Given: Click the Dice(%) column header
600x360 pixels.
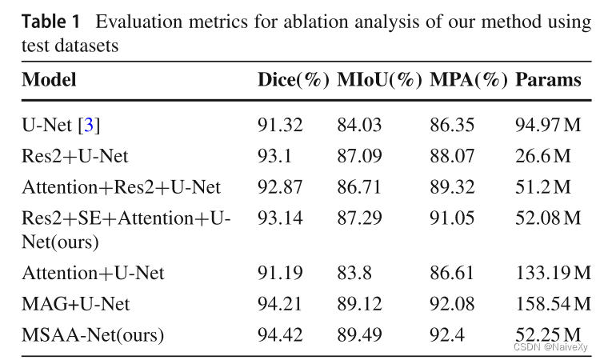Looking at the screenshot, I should coord(293,81).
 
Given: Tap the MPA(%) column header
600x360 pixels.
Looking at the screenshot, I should coord(469,81).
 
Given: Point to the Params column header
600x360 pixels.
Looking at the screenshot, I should coord(548,81).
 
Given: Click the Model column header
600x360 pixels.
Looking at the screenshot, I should coord(49,81).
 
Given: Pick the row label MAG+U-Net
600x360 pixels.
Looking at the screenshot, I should coord(75,304).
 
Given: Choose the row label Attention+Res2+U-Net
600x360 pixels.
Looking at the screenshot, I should coord(121,187).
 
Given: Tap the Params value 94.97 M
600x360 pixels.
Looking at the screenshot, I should coord(548,126).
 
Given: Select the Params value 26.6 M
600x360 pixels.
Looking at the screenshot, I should coord(542,156).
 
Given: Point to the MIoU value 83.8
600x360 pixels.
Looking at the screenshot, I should coord(354,274).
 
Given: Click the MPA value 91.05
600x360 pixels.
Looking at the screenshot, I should coord(453,218).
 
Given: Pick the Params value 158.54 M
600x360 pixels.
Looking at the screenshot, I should coord(553,304).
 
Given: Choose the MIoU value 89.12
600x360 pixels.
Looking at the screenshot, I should coord(359,304).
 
